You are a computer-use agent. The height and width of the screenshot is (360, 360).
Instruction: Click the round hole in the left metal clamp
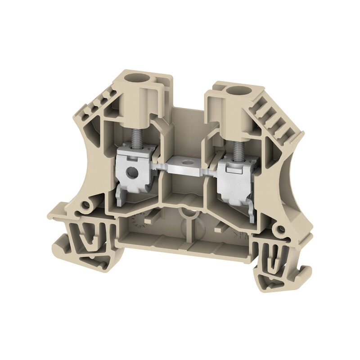[131, 171]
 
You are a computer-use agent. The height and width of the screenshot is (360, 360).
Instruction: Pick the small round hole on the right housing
[282, 230]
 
